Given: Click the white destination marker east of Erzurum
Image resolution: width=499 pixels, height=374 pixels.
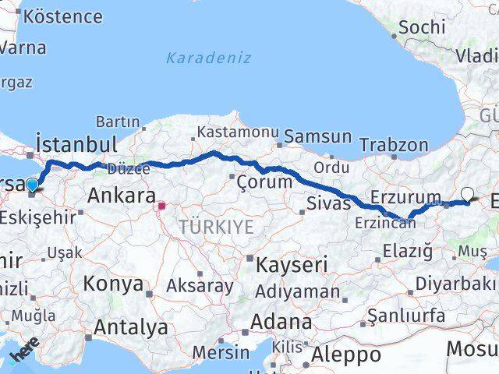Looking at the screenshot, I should [467, 194].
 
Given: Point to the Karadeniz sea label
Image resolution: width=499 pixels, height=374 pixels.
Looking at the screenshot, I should [197, 58].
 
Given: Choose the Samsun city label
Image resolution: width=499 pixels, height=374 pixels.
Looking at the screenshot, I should [317, 137].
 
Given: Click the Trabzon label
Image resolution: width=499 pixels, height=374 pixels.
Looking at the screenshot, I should [395, 145].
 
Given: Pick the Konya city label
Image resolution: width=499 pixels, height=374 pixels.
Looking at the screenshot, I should [117, 284].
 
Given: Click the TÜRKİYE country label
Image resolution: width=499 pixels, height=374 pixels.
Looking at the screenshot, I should [216, 227].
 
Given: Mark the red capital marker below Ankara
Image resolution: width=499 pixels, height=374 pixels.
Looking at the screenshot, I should [162, 207].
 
